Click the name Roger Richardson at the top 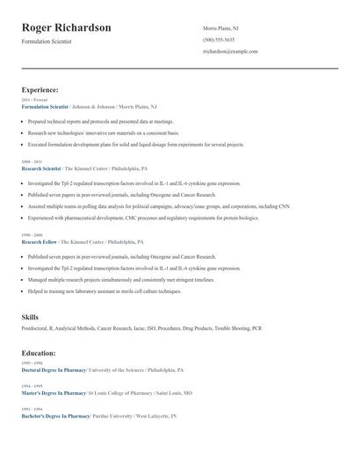point(66,28)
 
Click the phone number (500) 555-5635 point(219,39)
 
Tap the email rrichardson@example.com point(230,51)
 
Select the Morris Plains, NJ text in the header point(220,28)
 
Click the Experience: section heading point(40,89)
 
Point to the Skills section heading point(30,316)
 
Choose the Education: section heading point(39,353)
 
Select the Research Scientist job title point(41,168)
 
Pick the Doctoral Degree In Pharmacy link point(54,370)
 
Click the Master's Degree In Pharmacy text point(54,393)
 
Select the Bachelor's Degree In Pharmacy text point(55,416)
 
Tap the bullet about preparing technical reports point(101,122)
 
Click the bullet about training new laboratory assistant point(104,290)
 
